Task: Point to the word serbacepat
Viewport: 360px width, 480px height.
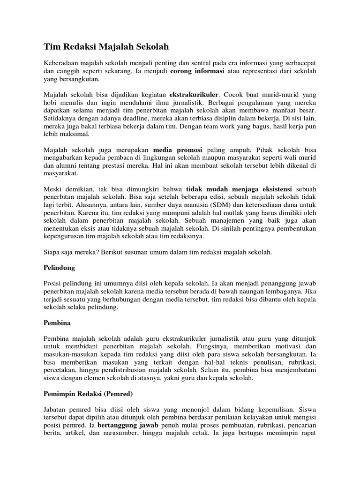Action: [299, 63]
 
